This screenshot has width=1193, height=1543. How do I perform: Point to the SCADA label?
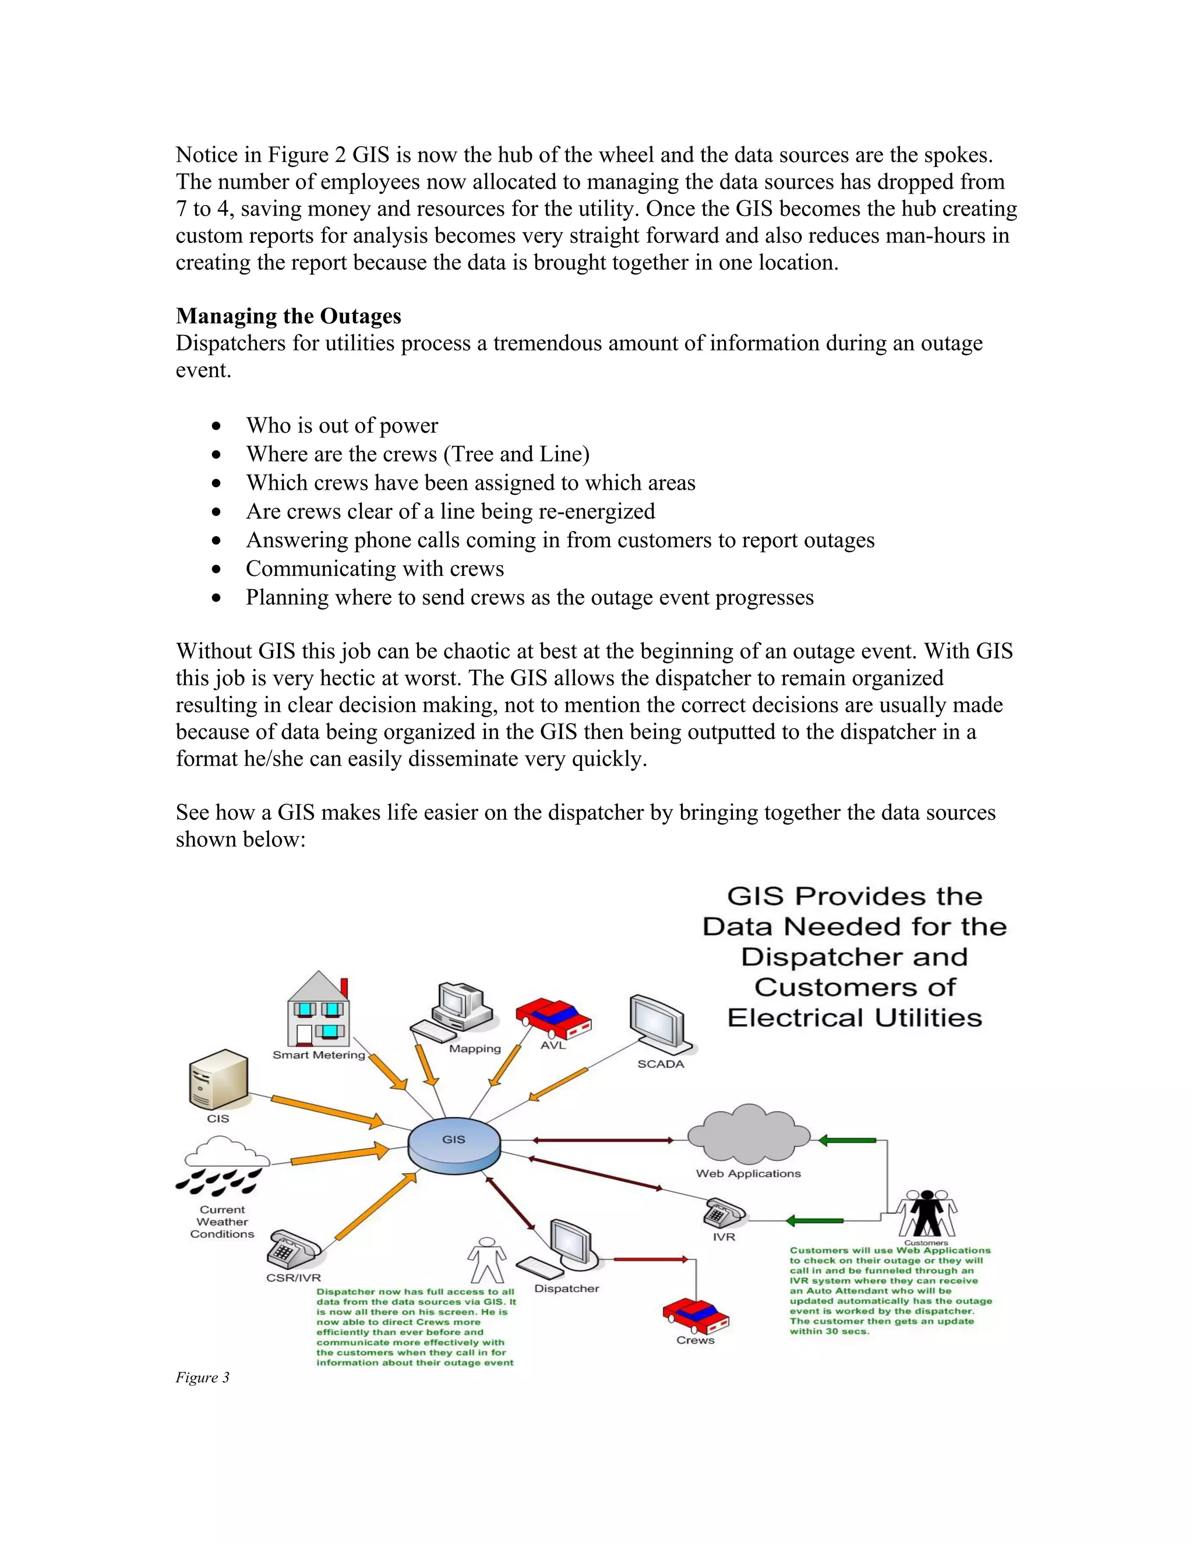(660, 1064)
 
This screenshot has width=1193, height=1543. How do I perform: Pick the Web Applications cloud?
(749, 1135)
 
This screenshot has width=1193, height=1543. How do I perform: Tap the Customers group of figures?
(926, 1212)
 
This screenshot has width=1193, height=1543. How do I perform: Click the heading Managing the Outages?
(288, 316)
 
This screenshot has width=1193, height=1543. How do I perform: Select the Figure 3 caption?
(203, 1377)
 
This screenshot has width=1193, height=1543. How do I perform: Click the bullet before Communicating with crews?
(216, 569)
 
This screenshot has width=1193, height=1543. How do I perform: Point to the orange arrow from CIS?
(327, 1110)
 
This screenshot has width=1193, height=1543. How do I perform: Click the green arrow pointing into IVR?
(814, 1220)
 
